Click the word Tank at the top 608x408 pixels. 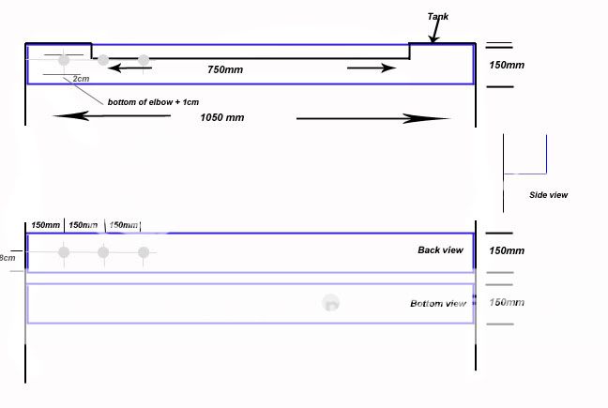pyautogui.click(x=437, y=16)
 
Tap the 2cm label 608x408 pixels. pyautogui.click(x=81, y=78)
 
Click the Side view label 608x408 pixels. pyautogui.click(x=549, y=195)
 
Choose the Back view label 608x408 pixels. pyautogui.click(x=441, y=250)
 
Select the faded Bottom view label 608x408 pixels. pyautogui.click(x=438, y=304)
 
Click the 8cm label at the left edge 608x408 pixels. pyautogui.click(x=7, y=258)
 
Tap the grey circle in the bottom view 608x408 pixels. pyautogui.click(x=330, y=303)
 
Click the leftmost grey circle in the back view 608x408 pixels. pyautogui.click(x=64, y=251)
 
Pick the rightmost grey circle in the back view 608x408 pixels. pyautogui.click(x=144, y=251)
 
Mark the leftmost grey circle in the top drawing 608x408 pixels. pyautogui.click(x=64, y=60)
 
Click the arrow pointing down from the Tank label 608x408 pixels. pyautogui.click(x=433, y=35)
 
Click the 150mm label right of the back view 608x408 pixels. pyautogui.click(x=507, y=251)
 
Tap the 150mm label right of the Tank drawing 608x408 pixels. pyautogui.click(x=507, y=65)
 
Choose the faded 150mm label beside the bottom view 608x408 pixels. pyautogui.click(x=507, y=302)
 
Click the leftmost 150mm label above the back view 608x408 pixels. pyautogui.click(x=45, y=225)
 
